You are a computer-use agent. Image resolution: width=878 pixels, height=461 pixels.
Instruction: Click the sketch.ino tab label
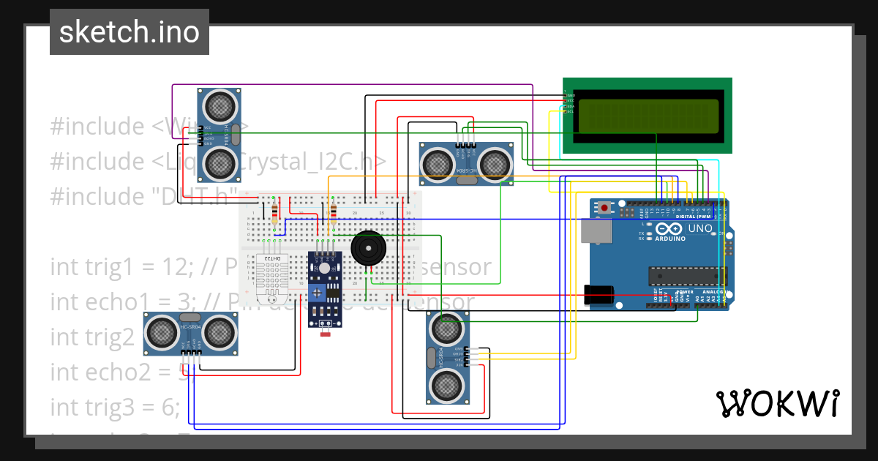tap(130, 32)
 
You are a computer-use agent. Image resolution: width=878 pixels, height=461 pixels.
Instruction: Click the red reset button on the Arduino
tap(605, 209)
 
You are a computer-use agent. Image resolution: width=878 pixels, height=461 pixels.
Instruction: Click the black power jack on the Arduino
tap(599, 294)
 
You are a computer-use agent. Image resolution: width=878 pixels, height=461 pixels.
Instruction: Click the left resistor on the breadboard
tap(274, 212)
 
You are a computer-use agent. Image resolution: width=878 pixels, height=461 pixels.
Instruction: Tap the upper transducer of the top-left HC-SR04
tap(219, 108)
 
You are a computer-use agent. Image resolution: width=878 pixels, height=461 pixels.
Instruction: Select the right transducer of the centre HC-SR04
tap(494, 161)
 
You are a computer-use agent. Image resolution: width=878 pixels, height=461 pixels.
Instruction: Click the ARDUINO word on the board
tap(670, 239)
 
